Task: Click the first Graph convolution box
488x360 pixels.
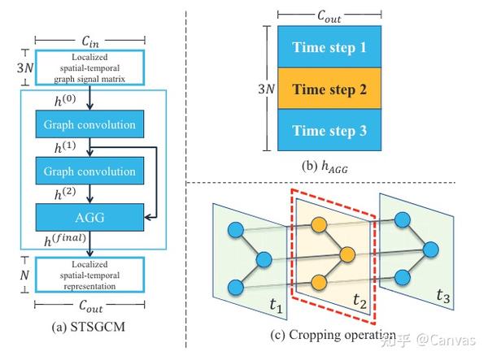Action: tap(90, 125)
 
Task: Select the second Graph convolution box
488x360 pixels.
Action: tap(90, 171)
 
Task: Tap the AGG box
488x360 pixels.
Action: tap(90, 217)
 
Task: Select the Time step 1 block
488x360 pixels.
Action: tap(329, 47)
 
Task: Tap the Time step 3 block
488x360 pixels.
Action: tap(329, 130)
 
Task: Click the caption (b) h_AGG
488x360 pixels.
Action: tap(329, 168)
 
